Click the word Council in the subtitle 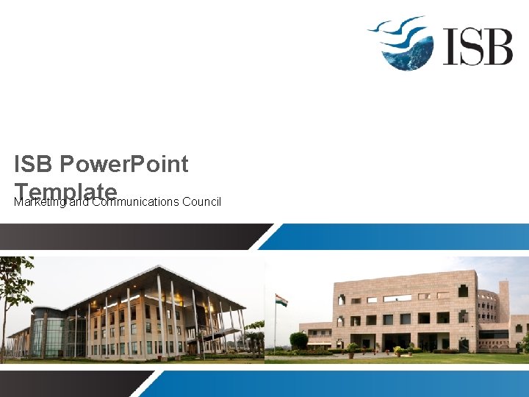(201, 201)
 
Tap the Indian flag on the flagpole (281, 300)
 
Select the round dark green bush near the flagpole (298, 340)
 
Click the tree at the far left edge (13, 287)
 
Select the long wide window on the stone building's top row (397, 298)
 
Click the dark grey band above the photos (125, 236)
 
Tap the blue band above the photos (397, 236)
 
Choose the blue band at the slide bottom (338, 383)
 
